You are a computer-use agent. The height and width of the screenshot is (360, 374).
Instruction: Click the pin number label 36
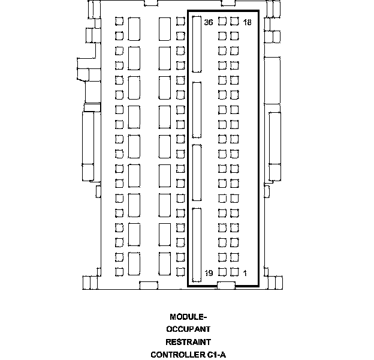[209, 22]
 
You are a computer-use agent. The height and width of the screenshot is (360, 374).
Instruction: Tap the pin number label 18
[247, 22]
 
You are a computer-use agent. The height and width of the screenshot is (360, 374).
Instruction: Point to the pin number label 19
[209, 273]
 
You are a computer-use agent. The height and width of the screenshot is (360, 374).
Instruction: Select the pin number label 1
[245, 273]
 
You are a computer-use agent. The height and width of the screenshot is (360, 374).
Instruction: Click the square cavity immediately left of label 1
[234, 272]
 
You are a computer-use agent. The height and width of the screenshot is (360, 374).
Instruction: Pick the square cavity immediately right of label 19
[222, 272]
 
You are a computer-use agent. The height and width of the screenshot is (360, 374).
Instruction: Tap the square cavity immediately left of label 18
[234, 21]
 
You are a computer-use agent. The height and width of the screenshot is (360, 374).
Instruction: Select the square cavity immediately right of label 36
[222, 21]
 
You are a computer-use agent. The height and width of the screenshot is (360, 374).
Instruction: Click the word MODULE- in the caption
[188, 317]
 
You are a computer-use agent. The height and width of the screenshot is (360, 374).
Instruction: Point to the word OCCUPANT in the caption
[188, 329]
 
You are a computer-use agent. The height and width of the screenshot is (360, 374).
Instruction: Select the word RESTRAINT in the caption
[188, 342]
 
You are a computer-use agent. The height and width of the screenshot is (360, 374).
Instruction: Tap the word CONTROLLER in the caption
[178, 355]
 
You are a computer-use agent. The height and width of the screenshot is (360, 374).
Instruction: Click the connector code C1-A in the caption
[216, 355]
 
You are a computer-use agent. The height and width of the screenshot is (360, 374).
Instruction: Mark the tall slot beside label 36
[197, 44]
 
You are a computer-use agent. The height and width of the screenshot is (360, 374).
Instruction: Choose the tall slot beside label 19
[197, 245]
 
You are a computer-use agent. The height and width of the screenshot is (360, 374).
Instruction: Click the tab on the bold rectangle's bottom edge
[226, 285]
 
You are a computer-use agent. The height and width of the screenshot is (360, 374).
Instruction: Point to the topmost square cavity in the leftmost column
[119, 21]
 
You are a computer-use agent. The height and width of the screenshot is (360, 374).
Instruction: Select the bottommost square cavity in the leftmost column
[119, 272]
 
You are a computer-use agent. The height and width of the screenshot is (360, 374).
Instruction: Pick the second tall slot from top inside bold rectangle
[197, 110]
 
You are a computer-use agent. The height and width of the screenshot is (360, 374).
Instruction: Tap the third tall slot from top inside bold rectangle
[197, 173]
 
